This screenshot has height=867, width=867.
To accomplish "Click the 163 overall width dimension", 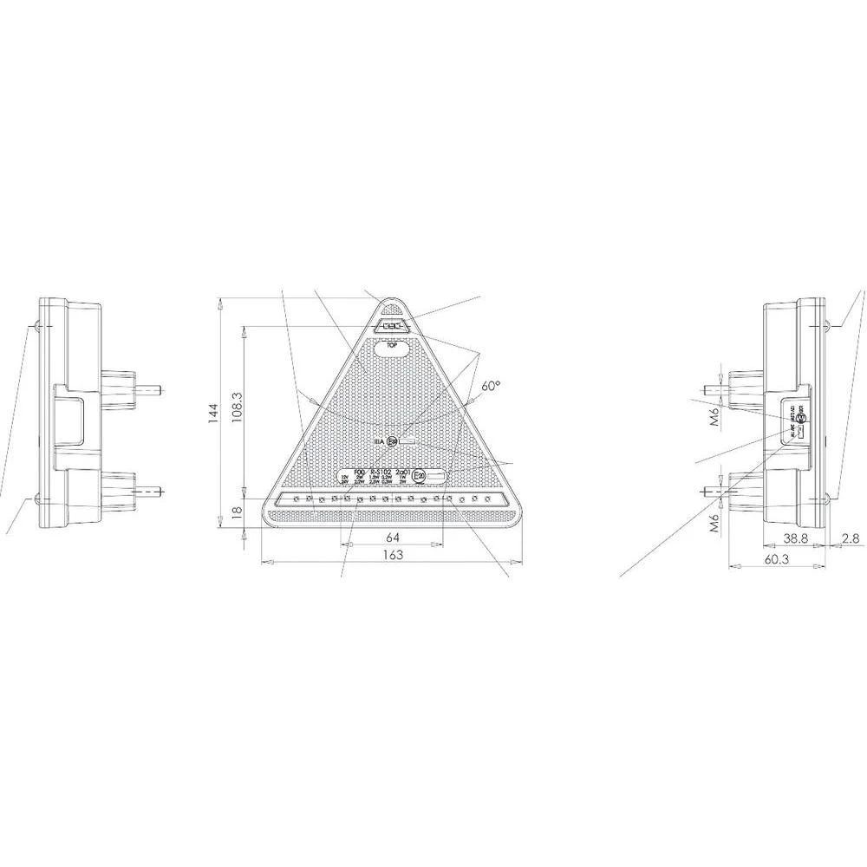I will tap(392, 554).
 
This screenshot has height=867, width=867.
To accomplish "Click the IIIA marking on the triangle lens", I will tap(378, 441).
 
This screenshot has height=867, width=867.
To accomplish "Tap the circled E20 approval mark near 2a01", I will tap(419, 476).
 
